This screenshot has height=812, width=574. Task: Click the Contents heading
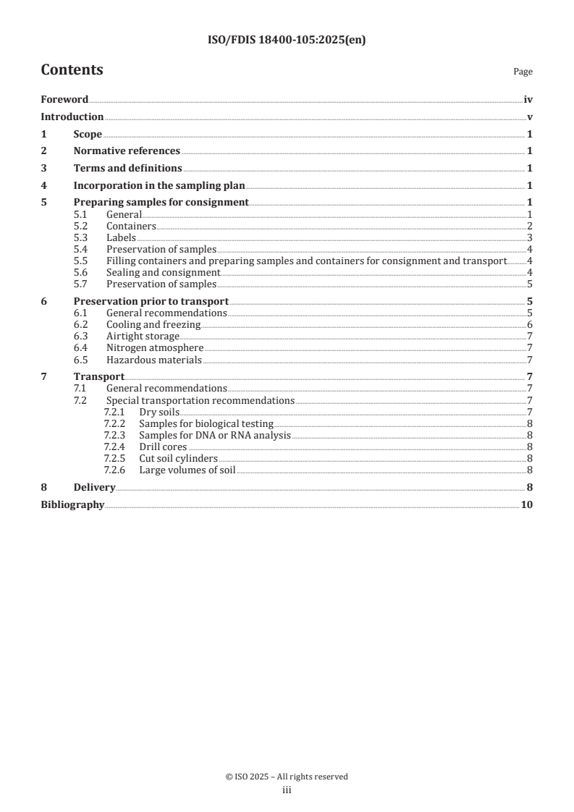pos(72,70)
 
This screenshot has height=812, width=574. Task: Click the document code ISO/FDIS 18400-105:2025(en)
pos(287,41)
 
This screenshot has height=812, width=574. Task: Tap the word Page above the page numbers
pos(523,72)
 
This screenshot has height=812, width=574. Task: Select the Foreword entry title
pos(64,100)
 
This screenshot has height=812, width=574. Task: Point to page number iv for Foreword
pos(528,100)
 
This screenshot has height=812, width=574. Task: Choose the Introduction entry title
pos(72,117)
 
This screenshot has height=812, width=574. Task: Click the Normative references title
pos(127,151)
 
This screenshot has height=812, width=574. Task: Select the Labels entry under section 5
pos(121,237)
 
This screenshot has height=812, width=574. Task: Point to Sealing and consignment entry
pos(163,272)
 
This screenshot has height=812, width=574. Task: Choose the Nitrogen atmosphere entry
pos(155,348)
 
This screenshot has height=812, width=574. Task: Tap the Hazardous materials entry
pos(153,360)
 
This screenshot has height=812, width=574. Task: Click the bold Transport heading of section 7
pos(99,376)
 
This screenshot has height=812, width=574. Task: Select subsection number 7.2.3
pos(114,435)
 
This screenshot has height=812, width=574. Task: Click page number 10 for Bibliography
pos(526,504)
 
